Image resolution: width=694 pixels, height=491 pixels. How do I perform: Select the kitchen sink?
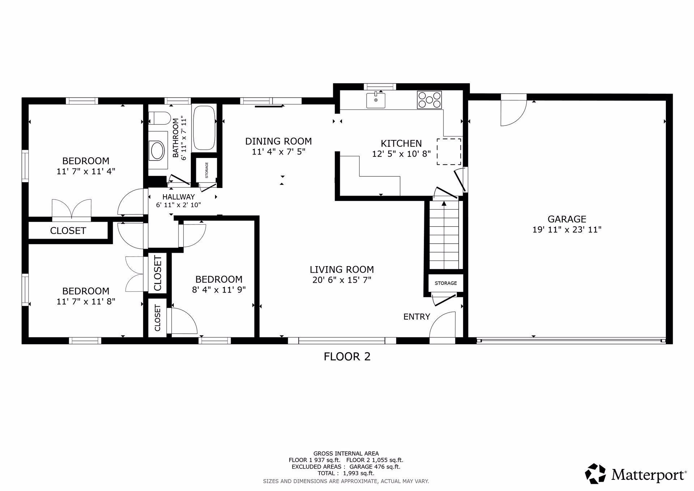376,100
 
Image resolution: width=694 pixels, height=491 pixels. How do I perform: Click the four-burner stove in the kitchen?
429,100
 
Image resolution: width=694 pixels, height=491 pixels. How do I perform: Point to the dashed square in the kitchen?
449,151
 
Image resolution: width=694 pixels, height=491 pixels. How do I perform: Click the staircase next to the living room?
444,235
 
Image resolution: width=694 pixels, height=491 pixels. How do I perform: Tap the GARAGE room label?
567,219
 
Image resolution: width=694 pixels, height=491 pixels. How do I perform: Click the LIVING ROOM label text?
342,270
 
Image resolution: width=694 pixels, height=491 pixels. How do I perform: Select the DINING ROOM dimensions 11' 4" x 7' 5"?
279,151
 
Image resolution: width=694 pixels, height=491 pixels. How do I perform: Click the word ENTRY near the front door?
417,317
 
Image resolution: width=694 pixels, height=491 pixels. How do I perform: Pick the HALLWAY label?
179,197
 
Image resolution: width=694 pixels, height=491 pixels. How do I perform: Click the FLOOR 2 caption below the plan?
347,357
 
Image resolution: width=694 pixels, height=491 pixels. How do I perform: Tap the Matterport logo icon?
595,473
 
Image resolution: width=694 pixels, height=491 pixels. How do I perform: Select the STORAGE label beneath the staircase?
446,283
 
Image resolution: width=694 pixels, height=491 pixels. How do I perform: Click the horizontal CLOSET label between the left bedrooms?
68,231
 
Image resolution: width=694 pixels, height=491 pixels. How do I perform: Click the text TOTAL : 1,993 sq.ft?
346,473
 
